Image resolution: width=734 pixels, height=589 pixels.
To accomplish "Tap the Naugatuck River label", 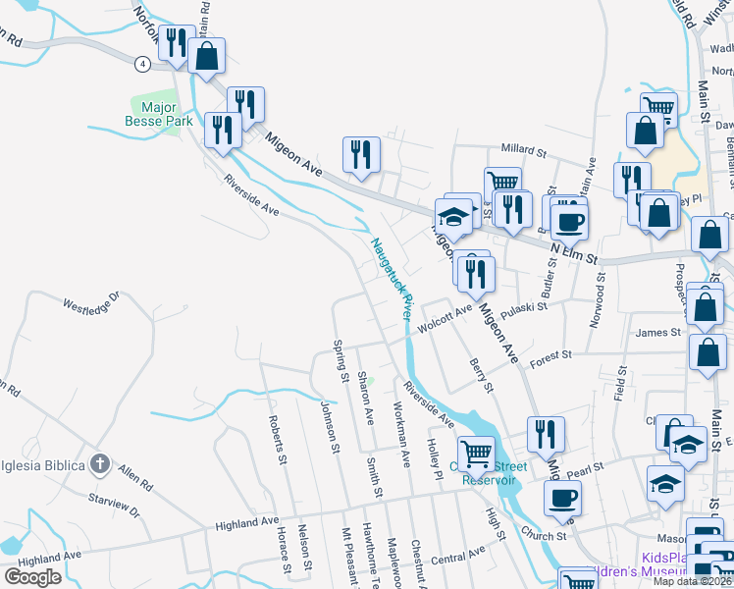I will point(390,278).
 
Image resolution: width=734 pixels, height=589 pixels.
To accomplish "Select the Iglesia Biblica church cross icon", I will point(99,462).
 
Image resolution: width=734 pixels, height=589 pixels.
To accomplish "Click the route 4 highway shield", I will point(143,64).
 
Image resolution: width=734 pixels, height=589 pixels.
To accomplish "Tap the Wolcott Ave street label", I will point(442,319).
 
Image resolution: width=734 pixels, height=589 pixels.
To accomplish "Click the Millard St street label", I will point(523,151).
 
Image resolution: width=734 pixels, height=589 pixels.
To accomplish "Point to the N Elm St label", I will point(573,254).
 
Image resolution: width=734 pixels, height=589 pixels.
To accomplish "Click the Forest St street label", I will point(550,358).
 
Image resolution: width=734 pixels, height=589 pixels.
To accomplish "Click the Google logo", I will point(32,577).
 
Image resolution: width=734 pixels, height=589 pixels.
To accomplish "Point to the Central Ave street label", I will point(458,558).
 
